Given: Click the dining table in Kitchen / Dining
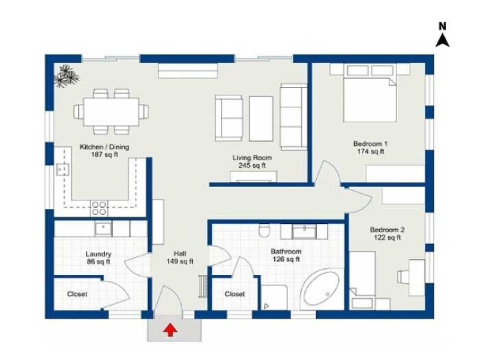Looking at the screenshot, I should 110,111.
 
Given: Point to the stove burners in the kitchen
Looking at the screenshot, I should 99,208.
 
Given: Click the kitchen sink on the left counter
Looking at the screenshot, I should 61,170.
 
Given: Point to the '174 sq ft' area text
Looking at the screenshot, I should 370,152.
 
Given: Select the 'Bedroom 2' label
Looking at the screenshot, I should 387,230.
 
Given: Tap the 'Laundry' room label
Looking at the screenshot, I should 98,254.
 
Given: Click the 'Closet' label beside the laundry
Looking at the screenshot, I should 77,294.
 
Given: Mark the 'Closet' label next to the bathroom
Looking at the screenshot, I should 235,294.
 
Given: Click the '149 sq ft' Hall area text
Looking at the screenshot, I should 180,262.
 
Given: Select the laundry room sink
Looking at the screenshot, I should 103,229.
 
